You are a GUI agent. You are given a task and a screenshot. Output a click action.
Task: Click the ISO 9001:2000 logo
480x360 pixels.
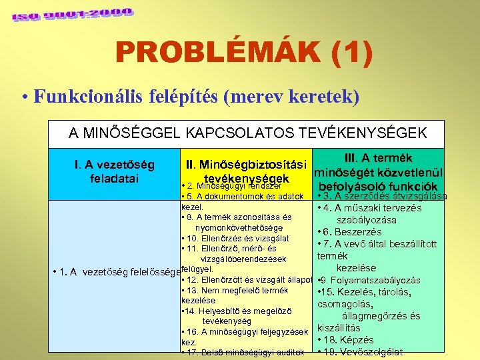point(71,14)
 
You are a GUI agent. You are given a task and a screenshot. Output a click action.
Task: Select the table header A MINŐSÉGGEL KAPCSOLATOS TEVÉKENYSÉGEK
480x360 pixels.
point(247,133)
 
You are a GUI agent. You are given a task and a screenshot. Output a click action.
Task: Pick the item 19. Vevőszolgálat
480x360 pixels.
point(360,352)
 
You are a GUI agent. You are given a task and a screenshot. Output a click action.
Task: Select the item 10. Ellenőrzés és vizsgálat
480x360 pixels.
point(235,238)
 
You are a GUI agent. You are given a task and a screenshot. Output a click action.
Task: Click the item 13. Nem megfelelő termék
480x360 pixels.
point(234,291)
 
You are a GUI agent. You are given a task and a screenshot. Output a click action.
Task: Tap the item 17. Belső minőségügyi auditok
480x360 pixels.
point(243,352)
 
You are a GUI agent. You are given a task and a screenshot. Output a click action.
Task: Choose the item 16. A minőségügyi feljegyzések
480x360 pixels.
point(244,331)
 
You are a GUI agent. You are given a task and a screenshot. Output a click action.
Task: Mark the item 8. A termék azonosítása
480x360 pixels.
point(236,217)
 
